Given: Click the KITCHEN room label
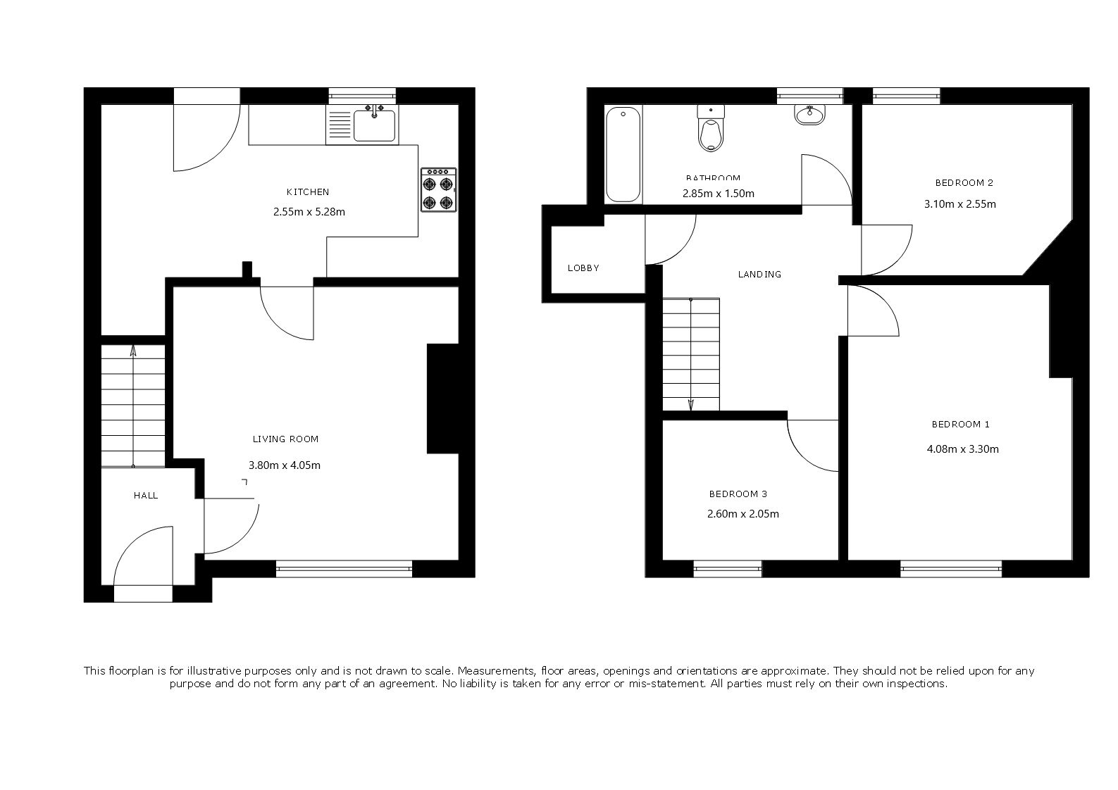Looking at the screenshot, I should point(307,192).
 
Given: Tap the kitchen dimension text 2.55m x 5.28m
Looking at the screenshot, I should point(309,211).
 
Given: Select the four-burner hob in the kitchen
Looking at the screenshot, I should point(438,190).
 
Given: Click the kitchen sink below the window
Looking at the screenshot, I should point(374,125).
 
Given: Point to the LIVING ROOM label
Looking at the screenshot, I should point(285,439).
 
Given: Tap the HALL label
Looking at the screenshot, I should point(146,496).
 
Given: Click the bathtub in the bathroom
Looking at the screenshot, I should point(623,155).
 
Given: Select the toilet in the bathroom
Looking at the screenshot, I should point(710,130).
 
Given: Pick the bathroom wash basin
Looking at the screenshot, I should point(810,115).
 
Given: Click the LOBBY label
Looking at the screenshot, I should point(583,268).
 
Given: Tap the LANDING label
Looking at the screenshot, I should point(759,275).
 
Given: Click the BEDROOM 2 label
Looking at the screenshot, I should point(964,183).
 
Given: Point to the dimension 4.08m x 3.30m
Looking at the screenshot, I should point(962,449).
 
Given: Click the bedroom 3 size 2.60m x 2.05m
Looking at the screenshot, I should point(743,514).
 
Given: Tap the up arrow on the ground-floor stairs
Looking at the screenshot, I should point(133,352).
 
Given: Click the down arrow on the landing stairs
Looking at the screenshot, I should point(691,403).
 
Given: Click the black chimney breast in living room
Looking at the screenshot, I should point(442,399).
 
